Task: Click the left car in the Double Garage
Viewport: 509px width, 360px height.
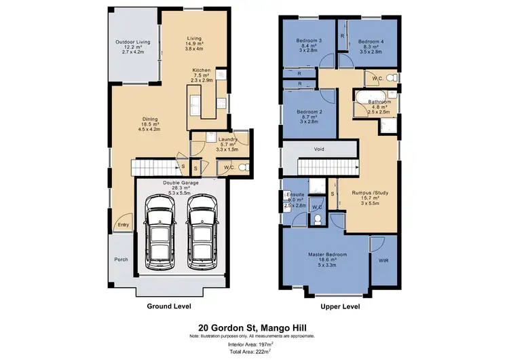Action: pos(161,233)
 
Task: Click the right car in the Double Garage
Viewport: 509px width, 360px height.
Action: pos(202,233)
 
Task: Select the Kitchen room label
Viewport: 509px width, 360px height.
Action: pos(202,70)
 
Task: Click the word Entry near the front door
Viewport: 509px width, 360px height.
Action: pos(122,225)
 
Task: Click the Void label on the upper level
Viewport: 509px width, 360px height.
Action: pos(319,149)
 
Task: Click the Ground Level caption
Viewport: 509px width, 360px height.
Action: pos(168,306)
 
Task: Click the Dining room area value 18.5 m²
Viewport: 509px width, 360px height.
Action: pos(149,124)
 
